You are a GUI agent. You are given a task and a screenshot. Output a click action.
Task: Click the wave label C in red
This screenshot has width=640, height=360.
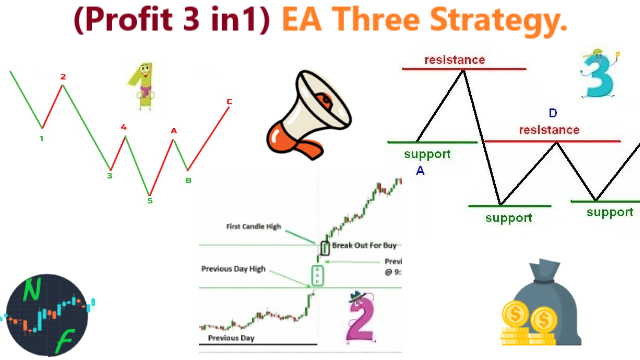pos(229,101)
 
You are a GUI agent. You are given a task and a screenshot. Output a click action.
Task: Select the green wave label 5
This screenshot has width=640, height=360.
pos(149,200)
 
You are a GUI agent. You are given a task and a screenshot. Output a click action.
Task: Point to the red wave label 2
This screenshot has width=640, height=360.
pos(62,76)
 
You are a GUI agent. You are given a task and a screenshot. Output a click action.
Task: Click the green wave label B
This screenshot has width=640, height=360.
pos(187,180)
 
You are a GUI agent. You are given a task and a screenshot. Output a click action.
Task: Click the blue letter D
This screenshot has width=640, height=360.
pos(553,112)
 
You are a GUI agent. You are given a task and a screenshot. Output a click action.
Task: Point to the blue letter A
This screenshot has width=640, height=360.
pos(420,171)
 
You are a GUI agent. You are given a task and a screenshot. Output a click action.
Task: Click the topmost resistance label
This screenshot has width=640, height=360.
pos(454,60)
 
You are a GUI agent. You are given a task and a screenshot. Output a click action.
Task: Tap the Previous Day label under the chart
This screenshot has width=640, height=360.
pos(231,338)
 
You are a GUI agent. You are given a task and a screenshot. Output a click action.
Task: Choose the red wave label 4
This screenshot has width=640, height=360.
pos(123,127)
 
